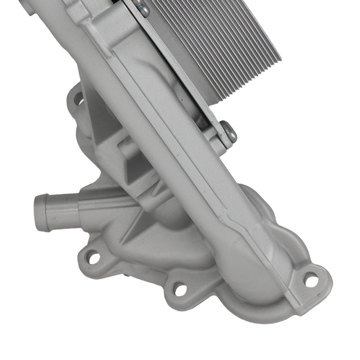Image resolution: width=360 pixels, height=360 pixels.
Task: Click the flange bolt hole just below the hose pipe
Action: pos(93,257)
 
